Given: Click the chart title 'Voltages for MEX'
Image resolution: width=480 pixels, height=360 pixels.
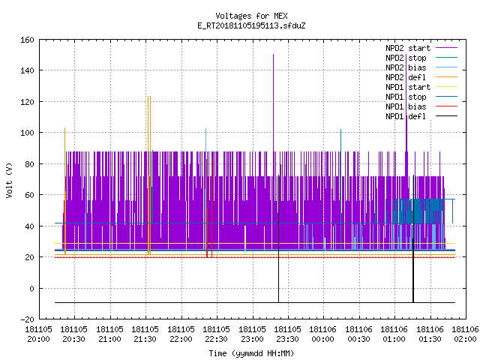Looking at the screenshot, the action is pos(251,16).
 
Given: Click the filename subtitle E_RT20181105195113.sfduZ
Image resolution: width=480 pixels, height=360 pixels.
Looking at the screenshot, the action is pos(251,25).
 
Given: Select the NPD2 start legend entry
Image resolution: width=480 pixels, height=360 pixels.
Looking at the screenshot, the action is pos(421,48).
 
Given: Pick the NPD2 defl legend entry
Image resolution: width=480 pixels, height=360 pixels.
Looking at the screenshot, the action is pos(421,77).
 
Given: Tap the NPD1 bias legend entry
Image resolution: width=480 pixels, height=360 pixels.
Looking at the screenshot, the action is pos(421,106).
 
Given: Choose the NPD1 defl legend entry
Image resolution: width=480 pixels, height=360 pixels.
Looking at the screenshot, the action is pos(421,116).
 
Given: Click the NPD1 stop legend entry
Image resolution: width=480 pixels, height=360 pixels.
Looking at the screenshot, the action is pos(421,97).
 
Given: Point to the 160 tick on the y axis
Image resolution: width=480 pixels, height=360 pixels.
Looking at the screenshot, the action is pos(27,40).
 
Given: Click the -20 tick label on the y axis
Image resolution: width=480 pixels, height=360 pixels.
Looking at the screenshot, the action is pos(27,319).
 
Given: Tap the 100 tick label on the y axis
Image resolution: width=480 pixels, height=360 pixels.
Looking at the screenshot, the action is pos(27,133).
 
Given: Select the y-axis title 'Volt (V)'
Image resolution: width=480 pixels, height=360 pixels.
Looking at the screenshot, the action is pos(9,180).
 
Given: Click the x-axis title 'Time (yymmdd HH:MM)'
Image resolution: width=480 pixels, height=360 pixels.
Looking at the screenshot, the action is pos(251,353).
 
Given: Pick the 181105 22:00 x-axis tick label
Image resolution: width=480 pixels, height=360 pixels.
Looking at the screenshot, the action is pos(181,334).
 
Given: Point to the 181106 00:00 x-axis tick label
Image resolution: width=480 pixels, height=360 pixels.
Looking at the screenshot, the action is pos(323,334).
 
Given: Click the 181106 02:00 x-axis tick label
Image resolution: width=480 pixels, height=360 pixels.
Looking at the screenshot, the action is pos(465,334).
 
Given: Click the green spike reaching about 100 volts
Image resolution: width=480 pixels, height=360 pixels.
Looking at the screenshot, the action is pos(340,190).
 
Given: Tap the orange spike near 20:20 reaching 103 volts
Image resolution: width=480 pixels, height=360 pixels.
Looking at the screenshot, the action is pos(65,190).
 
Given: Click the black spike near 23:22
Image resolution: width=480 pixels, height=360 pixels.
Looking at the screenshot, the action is pos(278,238).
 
